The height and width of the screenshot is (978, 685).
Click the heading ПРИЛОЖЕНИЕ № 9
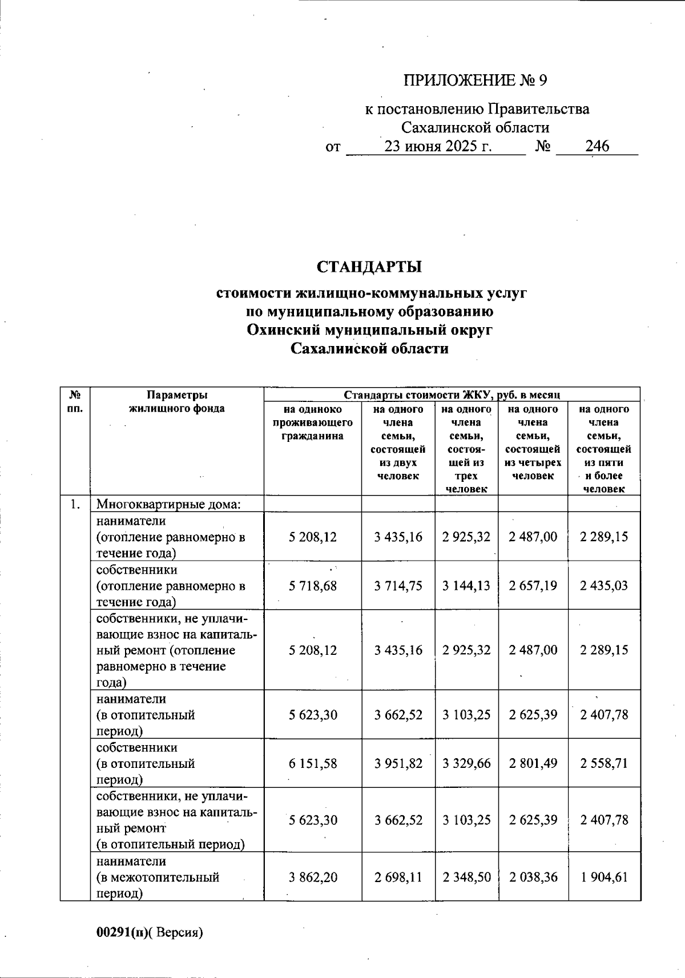point(475,81)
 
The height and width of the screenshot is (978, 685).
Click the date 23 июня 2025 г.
point(438,146)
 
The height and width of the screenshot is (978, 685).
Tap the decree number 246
point(597,146)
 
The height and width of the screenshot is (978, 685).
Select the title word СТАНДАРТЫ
point(369,267)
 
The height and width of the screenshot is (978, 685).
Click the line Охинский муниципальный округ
point(369,330)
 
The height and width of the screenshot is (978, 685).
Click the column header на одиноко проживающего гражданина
point(312,422)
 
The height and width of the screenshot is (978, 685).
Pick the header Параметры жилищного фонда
point(177,401)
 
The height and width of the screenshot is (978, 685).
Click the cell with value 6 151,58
point(313,763)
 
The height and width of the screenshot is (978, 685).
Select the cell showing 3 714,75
point(398,586)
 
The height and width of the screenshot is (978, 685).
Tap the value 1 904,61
point(604,877)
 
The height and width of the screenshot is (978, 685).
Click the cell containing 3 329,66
point(466,763)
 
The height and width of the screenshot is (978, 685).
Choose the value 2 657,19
point(533,586)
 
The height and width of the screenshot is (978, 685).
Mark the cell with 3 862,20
point(313,877)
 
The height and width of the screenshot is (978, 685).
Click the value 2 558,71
point(604,763)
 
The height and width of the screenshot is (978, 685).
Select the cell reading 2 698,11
point(398,877)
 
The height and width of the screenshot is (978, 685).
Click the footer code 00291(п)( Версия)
point(150,932)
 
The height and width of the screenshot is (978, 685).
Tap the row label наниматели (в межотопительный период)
point(158,877)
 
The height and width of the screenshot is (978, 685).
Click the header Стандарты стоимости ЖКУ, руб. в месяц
point(452,395)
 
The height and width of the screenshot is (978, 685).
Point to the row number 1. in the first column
point(75,504)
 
